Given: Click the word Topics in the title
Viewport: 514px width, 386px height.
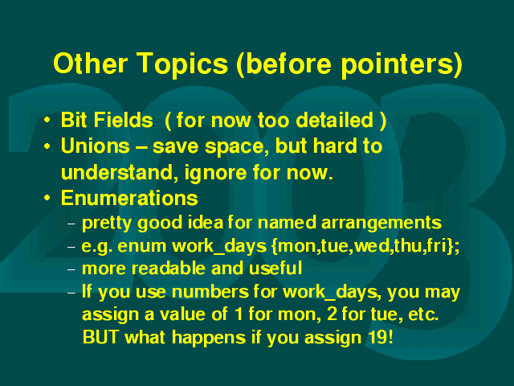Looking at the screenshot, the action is click(x=182, y=64).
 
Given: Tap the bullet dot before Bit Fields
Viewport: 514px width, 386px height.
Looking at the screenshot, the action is click(x=47, y=120).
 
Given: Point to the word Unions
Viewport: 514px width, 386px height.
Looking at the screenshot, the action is click(x=96, y=146).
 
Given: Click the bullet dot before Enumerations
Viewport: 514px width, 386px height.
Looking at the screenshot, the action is click(x=47, y=198).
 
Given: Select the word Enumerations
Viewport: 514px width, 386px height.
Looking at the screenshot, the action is click(x=129, y=198).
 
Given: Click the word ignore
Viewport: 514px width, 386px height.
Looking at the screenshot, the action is click(x=215, y=173).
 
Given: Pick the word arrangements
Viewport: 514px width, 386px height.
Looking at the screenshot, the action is click(x=381, y=224).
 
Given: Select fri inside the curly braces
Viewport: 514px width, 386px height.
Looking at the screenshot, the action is click(x=438, y=246).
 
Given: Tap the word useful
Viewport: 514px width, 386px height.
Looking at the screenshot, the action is click(x=275, y=269).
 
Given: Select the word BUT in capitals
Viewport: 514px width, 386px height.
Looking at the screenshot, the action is click(x=100, y=338).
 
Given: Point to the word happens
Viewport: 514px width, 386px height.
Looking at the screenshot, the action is click(x=209, y=339).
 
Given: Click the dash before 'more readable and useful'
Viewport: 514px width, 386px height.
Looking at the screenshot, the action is click(x=71, y=269).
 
